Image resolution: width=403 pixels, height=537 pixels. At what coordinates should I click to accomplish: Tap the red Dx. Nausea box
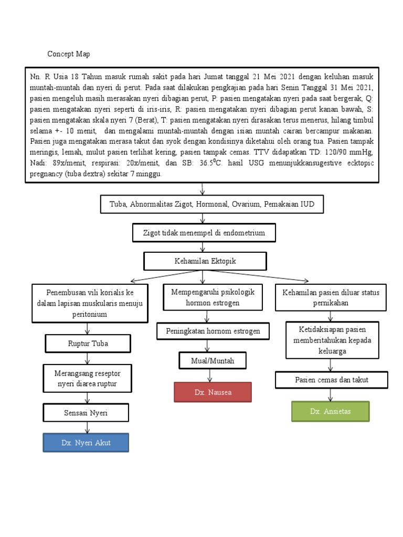[213, 392]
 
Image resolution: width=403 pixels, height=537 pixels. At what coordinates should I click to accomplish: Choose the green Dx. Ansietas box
[330, 411]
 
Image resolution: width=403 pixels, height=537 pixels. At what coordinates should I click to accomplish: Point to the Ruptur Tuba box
[87, 344]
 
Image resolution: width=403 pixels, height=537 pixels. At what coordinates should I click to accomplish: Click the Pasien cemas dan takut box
[332, 379]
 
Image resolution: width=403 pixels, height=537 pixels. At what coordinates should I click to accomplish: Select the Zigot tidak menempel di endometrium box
[203, 232]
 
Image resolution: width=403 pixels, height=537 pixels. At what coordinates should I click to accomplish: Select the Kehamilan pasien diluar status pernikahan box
[331, 297]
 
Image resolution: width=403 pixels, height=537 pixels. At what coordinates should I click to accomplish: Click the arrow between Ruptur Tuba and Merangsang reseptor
[87, 358]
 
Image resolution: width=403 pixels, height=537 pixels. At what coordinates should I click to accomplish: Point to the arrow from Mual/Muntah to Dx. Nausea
[210, 375]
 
